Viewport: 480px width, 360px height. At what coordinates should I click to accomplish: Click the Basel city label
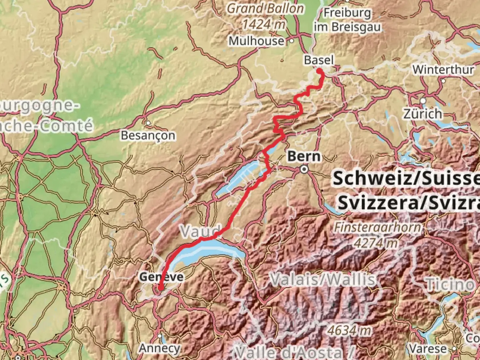click(319, 60)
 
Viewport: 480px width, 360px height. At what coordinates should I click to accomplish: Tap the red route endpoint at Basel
click(319, 71)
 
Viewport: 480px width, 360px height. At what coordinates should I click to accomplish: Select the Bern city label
click(304, 156)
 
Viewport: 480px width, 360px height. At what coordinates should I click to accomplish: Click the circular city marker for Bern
click(304, 170)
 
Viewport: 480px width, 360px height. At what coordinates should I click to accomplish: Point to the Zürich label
click(423, 114)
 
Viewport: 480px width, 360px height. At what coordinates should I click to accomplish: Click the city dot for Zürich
click(423, 101)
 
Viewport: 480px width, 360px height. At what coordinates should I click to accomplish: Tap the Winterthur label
click(443, 70)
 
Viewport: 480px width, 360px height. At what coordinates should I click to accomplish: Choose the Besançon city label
click(148, 135)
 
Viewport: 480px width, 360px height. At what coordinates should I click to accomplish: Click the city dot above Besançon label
click(148, 123)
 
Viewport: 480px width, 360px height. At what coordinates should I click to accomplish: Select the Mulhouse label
click(256, 41)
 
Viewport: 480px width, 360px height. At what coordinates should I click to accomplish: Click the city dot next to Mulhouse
click(292, 41)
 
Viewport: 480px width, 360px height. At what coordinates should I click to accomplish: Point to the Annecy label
click(160, 348)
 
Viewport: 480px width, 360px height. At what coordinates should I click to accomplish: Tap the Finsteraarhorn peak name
click(378, 227)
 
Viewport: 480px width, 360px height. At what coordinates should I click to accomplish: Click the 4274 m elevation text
click(376, 243)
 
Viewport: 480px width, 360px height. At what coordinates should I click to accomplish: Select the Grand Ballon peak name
click(265, 9)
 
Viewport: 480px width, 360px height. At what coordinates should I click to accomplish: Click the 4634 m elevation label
click(349, 330)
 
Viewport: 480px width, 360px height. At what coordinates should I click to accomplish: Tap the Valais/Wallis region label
click(323, 279)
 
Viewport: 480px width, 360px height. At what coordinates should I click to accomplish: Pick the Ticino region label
click(450, 284)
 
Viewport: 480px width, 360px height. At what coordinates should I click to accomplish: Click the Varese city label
click(428, 349)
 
